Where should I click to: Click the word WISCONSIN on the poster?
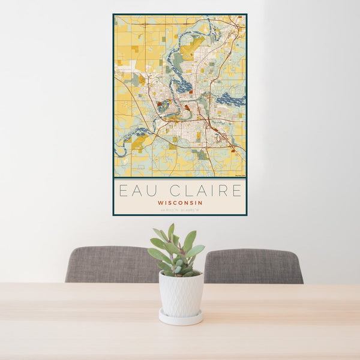coord(180,203)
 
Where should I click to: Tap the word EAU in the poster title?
coord(136,191)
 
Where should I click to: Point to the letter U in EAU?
coord(150,191)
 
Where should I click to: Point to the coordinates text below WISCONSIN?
coord(180,210)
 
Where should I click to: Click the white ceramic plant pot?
coord(181,294)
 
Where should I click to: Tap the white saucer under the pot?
coord(181,317)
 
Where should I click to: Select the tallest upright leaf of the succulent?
coord(171,232)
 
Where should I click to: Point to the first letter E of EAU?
coord(123,191)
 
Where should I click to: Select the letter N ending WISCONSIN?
coord(200,203)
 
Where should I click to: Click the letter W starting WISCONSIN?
coord(160,203)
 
